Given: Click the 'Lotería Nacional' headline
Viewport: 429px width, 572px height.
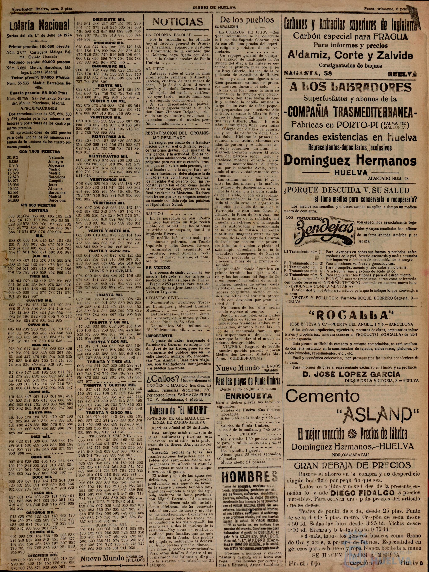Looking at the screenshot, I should point(39,25).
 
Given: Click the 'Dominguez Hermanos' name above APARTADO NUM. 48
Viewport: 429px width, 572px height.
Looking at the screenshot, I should point(350,161).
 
